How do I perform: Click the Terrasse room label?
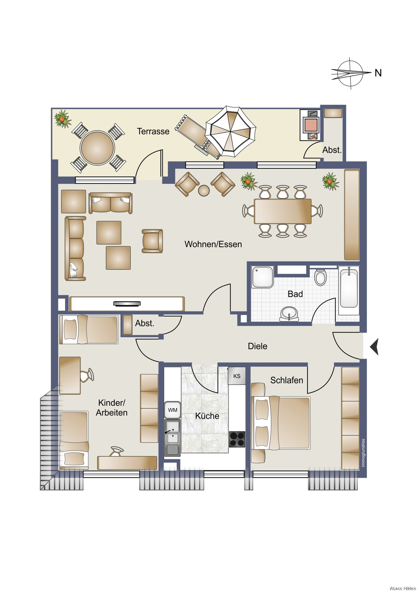point(153,131)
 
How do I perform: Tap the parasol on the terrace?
point(231,131)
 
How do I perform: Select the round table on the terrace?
point(97,148)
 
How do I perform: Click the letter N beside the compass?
point(378,73)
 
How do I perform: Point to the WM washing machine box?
point(173,410)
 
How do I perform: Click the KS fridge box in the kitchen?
point(237,376)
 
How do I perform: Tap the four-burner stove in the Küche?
point(237,439)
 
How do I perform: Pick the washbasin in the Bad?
point(289,314)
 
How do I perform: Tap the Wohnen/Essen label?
point(213,244)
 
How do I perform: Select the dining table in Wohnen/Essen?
point(283,211)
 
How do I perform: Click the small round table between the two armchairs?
point(204,191)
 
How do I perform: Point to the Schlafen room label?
point(287,380)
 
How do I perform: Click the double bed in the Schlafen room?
point(281,423)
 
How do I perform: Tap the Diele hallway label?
point(257,346)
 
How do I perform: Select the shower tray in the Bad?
point(263,277)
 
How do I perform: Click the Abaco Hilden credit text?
point(403,588)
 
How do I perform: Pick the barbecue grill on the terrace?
point(311,125)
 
